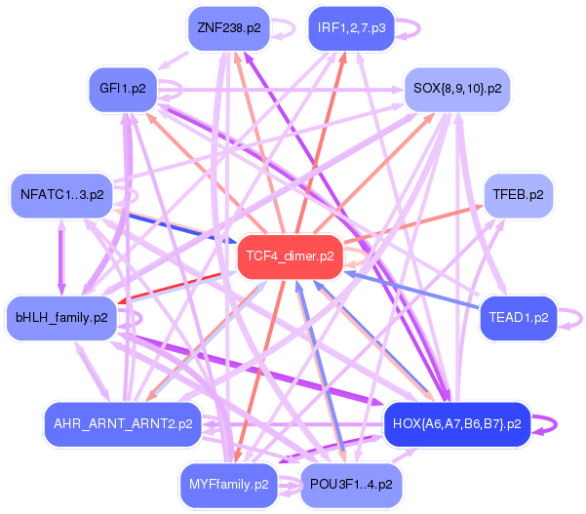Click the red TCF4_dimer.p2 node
[291, 257]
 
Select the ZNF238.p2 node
[228, 27]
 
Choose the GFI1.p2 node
[122, 89]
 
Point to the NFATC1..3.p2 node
[61, 195]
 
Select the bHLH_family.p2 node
[61, 317]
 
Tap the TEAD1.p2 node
[518, 317]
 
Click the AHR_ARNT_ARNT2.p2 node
[123, 424]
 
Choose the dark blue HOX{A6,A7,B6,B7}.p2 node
[456, 424]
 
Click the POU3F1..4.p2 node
[350, 484]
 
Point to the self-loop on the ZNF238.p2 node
[288, 27]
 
